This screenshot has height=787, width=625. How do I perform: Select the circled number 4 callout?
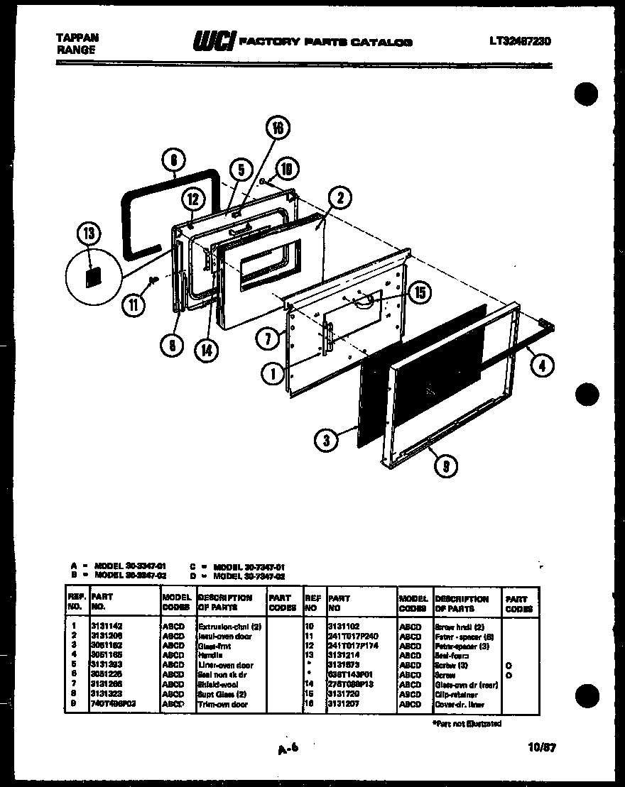542,366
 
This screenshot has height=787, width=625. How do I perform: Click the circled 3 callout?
326,440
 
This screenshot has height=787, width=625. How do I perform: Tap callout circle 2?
340,200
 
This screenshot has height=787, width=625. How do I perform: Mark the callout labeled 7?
268,339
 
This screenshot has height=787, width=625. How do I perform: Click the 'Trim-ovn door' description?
222,704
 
